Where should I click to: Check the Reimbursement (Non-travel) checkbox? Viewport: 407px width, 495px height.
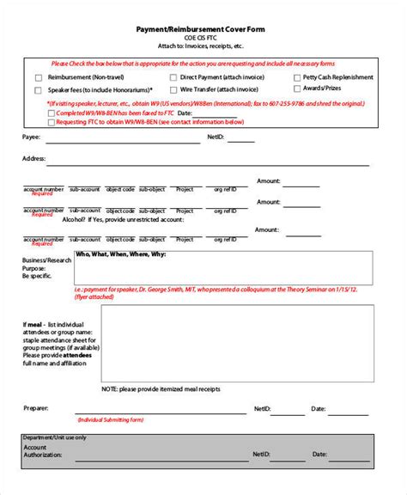coord(38,77)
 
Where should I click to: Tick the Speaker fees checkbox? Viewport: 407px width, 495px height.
coord(38,89)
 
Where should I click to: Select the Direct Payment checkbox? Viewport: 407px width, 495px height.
coord(173,77)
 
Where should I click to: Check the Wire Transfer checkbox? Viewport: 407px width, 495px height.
coord(173,89)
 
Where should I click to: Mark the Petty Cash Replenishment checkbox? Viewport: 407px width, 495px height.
coord(297,77)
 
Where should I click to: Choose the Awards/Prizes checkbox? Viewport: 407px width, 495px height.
coord(297,89)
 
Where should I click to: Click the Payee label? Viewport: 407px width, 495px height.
coord(31,136)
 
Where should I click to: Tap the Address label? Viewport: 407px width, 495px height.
coord(33,158)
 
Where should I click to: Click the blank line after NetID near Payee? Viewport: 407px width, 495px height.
coord(240,140)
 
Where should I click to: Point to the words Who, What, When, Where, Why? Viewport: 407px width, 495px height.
coord(121,255)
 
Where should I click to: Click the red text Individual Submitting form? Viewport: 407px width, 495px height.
coord(112,420)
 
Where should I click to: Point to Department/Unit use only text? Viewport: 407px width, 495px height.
coord(55,438)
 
